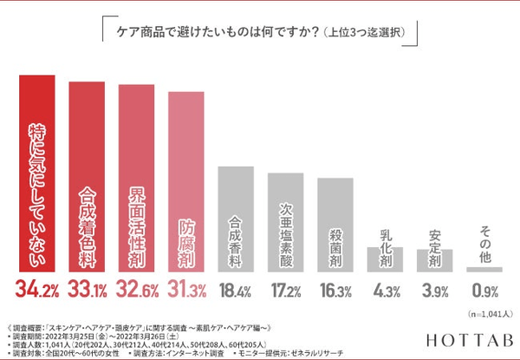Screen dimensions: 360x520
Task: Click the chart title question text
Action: pyautogui.click(x=260, y=33)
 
